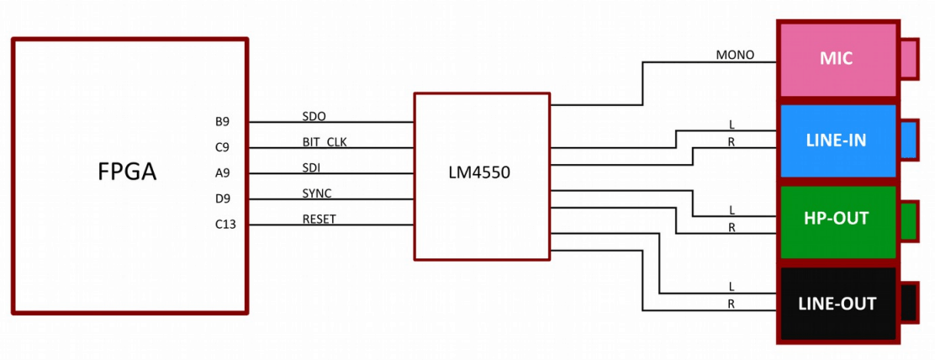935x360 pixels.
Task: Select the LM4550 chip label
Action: (479, 172)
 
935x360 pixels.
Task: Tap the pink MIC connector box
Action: (837, 59)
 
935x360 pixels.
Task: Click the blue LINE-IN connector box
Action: (837, 140)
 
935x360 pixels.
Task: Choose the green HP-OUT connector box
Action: (837, 220)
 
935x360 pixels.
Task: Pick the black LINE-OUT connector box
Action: (837, 304)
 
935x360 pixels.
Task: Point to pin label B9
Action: (222, 121)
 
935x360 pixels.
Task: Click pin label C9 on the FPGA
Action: (222, 147)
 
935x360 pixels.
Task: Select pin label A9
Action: (222, 172)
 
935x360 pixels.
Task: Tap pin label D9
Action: (222, 199)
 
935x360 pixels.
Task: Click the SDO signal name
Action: (314, 115)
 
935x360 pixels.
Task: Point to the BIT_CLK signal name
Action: (324, 141)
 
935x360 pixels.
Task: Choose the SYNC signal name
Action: (317, 193)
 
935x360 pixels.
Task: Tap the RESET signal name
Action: (319, 220)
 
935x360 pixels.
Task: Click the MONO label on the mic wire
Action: (735, 56)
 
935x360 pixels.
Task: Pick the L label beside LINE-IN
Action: (732, 124)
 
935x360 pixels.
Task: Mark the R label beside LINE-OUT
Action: (732, 304)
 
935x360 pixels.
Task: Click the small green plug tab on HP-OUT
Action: (908, 221)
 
